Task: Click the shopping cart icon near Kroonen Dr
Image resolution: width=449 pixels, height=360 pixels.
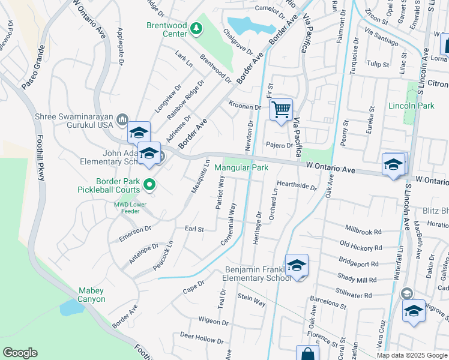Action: tap(280, 110)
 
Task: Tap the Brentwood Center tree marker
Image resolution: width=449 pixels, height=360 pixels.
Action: tap(195, 28)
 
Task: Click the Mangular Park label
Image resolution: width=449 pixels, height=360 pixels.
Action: tap(241, 168)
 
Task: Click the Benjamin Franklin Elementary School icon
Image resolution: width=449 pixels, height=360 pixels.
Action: tap(297, 265)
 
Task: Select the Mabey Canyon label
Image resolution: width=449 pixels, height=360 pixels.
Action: tap(91, 295)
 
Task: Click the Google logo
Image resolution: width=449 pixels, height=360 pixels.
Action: tap(20, 353)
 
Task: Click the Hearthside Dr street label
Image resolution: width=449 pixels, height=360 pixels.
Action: tap(297, 185)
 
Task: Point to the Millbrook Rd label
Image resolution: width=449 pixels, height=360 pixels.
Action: tap(364, 230)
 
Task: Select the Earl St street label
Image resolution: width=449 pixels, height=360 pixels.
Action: tap(194, 229)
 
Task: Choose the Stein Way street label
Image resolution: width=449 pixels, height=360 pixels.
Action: tap(252, 300)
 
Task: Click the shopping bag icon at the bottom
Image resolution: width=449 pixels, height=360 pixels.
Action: tap(307, 354)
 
